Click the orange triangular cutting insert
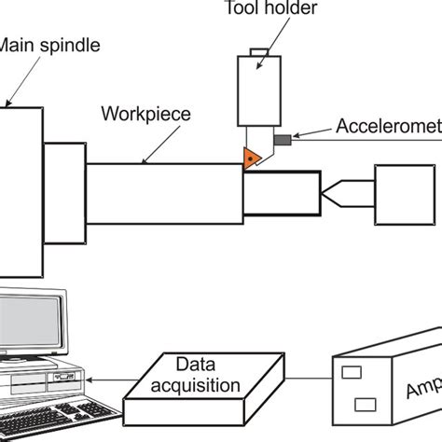(252, 159)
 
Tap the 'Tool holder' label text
(256, 9)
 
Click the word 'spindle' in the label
(69, 43)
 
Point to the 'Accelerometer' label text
(387, 127)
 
